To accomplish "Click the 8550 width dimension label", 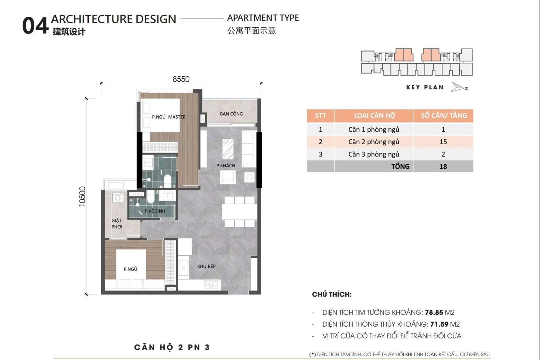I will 181,79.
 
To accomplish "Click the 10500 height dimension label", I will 82,196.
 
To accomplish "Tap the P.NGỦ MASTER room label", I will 168,117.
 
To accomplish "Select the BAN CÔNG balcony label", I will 231,114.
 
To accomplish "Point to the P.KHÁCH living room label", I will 225,166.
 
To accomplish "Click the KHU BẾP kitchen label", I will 206,266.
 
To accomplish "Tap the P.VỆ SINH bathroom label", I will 155,211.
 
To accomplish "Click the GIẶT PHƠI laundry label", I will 117,223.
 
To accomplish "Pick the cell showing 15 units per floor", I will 443,142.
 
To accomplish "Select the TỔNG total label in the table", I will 400,166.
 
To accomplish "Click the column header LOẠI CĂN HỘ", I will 374,116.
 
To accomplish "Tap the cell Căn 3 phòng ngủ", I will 374,154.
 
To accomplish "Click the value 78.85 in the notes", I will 434,312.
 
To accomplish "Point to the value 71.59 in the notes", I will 439,324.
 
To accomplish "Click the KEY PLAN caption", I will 425,87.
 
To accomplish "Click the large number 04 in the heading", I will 35,26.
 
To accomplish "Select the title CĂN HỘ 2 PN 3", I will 172,348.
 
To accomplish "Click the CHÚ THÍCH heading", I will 331,295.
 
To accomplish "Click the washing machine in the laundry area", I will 117,198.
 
